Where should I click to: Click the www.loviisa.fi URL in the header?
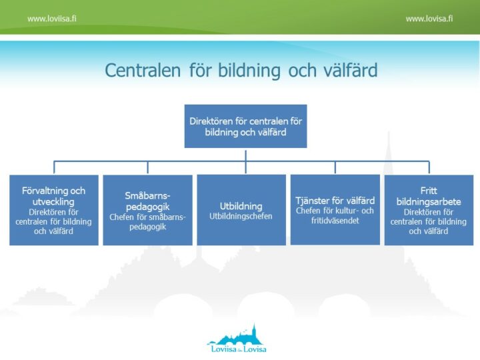point(51,19)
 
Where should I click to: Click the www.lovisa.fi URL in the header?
point(429,19)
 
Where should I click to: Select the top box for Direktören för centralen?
point(245,126)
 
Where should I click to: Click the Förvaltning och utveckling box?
point(54,210)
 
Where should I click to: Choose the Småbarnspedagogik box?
point(147,210)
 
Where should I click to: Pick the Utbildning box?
point(241,210)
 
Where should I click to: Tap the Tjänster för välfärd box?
point(335,210)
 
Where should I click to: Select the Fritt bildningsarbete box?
point(429,210)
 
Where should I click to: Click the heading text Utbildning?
point(241,206)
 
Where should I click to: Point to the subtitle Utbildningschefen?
point(241,217)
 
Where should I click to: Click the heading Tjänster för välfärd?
point(335,200)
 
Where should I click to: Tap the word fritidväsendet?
point(335,221)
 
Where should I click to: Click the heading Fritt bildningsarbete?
point(429,195)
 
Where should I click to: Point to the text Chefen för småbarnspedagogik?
point(147,221)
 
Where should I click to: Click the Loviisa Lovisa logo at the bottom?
point(237,339)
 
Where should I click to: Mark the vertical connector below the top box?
point(245,155)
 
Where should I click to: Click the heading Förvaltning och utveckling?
point(54,195)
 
